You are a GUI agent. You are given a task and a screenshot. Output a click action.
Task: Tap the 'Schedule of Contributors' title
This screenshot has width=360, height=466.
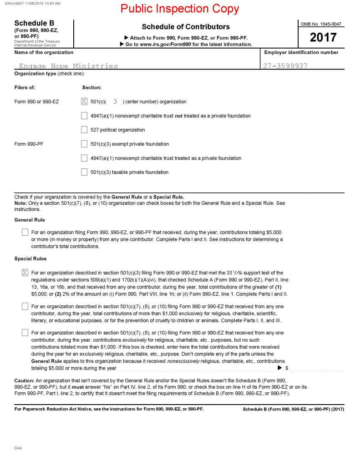[x=186, y=27]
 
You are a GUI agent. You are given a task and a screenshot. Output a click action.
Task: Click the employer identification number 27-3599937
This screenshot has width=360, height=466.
[x=286, y=66]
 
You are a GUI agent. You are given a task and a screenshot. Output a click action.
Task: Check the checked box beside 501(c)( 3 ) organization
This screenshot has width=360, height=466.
[x=84, y=101]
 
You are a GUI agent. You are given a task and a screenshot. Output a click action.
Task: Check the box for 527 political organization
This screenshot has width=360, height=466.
[x=84, y=130]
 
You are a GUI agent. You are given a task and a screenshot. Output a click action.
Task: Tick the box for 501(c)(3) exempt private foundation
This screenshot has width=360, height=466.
[x=84, y=144]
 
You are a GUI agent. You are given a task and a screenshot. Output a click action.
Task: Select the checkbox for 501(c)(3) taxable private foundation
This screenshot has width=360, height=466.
[x=84, y=172]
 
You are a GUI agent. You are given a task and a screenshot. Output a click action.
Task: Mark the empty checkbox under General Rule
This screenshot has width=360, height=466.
[x=25, y=233]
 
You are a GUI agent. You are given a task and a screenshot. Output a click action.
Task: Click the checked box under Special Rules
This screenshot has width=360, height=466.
[x=25, y=273]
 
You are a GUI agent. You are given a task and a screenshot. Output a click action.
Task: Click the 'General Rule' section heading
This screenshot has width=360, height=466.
[x=30, y=220]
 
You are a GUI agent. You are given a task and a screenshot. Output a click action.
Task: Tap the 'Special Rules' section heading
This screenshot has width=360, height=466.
[x=30, y=258]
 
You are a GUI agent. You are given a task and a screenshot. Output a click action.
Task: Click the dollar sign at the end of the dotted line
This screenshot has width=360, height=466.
[x=287, y=368]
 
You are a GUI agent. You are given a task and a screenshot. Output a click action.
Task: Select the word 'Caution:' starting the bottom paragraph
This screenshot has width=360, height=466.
[x=25, y=380]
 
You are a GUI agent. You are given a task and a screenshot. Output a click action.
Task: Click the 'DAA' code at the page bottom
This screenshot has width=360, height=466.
[x=18, y=448]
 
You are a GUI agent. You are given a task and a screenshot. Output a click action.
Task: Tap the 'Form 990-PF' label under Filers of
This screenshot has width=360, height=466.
[x=29, y=144]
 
